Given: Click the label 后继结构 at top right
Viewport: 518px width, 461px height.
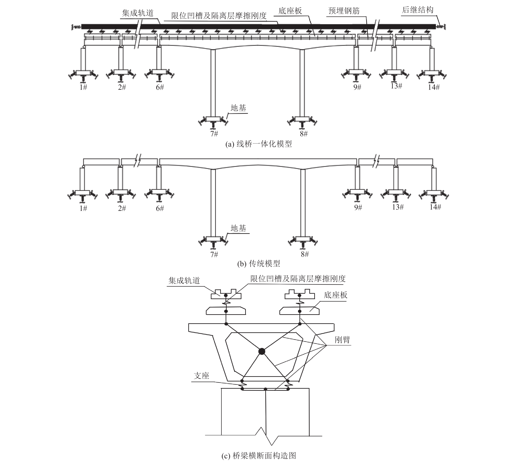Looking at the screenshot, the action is (x=418, y=10).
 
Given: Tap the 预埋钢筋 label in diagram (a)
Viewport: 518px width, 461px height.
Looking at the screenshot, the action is (x=344, y=11).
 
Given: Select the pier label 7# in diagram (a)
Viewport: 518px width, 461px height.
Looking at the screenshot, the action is (x=214, y=133).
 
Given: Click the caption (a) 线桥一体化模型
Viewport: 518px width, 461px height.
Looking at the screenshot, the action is (x=259, y=144).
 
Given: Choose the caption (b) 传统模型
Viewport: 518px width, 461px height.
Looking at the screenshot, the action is (x=259, y=264).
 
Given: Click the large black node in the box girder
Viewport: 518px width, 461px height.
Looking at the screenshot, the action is (x=261, y=351).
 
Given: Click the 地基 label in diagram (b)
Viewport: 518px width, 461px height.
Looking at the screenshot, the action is (x=238, y=228).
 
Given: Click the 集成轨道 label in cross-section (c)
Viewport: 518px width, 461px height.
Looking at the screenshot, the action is (x=184, y=280).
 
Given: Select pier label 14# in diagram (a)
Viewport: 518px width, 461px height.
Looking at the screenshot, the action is (x=434, y=87).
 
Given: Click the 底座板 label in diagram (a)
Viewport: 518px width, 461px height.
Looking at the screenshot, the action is (x=290, y=11).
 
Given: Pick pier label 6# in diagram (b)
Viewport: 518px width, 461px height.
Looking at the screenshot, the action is (x=160, y=208).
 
